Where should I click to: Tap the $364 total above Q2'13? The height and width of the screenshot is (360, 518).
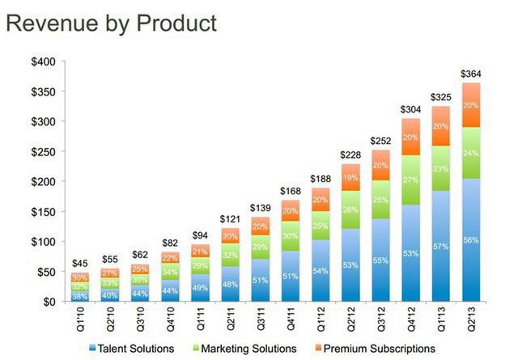pyautogui.click(x=470, y=74)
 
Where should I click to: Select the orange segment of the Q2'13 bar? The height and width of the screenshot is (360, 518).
pyautogui.click(x=470, y=105)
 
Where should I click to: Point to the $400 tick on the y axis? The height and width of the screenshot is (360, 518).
pyautogui.click(x=42, y=62)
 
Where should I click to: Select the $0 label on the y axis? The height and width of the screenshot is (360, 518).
pyautogui.click(x=48, y=302)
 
